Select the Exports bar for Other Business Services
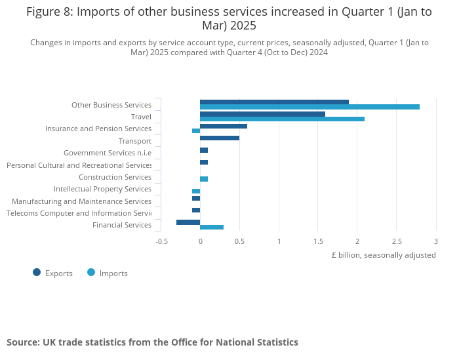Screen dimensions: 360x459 click(x=274, y=102)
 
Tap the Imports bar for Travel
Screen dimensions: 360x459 click(x=282, y=119)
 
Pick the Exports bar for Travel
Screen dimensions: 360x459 click(x=262, y=114)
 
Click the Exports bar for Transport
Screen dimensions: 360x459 click(x=220, y=138)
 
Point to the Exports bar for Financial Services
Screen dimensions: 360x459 click(x=188, y=222)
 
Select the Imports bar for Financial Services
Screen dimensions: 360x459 click(x=212, y=227)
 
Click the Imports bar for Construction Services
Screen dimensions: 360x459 click(x=204, y=179)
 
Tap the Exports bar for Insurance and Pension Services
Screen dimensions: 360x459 click(x=224, y=126)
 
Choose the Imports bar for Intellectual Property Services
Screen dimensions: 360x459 click(x=196, y=191)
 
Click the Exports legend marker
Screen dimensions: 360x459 click(x=37, y=273)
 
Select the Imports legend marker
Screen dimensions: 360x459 click(x=91, y=273)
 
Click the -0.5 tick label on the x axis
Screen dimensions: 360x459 click(x=161, y=241)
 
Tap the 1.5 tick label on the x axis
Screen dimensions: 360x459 click(x=318, y=241)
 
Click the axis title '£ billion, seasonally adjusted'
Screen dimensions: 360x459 click(x=384, y=255)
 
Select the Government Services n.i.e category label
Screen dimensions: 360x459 click(x=107, y=153)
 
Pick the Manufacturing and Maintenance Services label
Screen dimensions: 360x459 click(x=81, y=201)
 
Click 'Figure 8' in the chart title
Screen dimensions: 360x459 click(x=49, y=11)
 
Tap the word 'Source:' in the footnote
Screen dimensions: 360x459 click(x=23, y=342)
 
